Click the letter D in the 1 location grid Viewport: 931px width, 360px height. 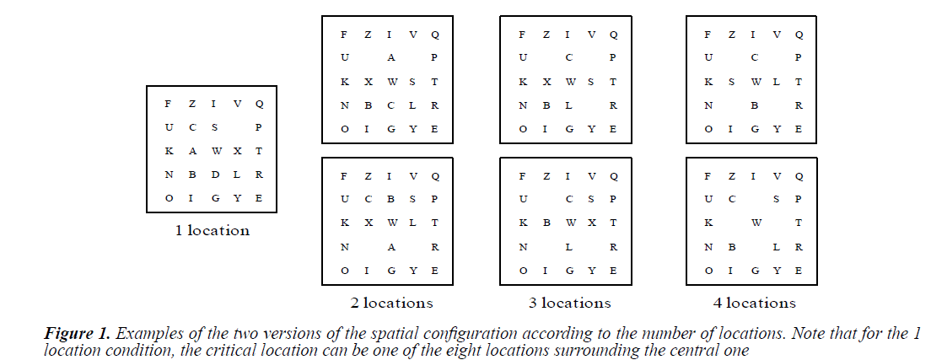click(x=215, y=175)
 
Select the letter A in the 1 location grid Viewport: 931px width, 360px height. click(x=192, y=151)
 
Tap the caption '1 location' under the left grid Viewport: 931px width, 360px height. click(x=212, y=229)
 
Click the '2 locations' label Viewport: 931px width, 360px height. click(x=391, y=302)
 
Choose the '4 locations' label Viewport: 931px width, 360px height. click(x=753, y=302)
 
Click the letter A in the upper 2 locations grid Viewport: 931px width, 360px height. click(x=390, y=58)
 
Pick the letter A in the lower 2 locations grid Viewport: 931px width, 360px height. click(x=390, y=247)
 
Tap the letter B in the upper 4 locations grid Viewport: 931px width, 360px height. click(x=755, y=105)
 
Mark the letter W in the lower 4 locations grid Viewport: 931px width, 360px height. click(x=756, y=223)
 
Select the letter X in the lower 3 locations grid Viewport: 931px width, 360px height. click(x=591, y=223)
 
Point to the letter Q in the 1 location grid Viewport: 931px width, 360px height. click(x=259, y=104)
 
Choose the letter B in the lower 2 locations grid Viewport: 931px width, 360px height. click(x=390, y=200)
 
